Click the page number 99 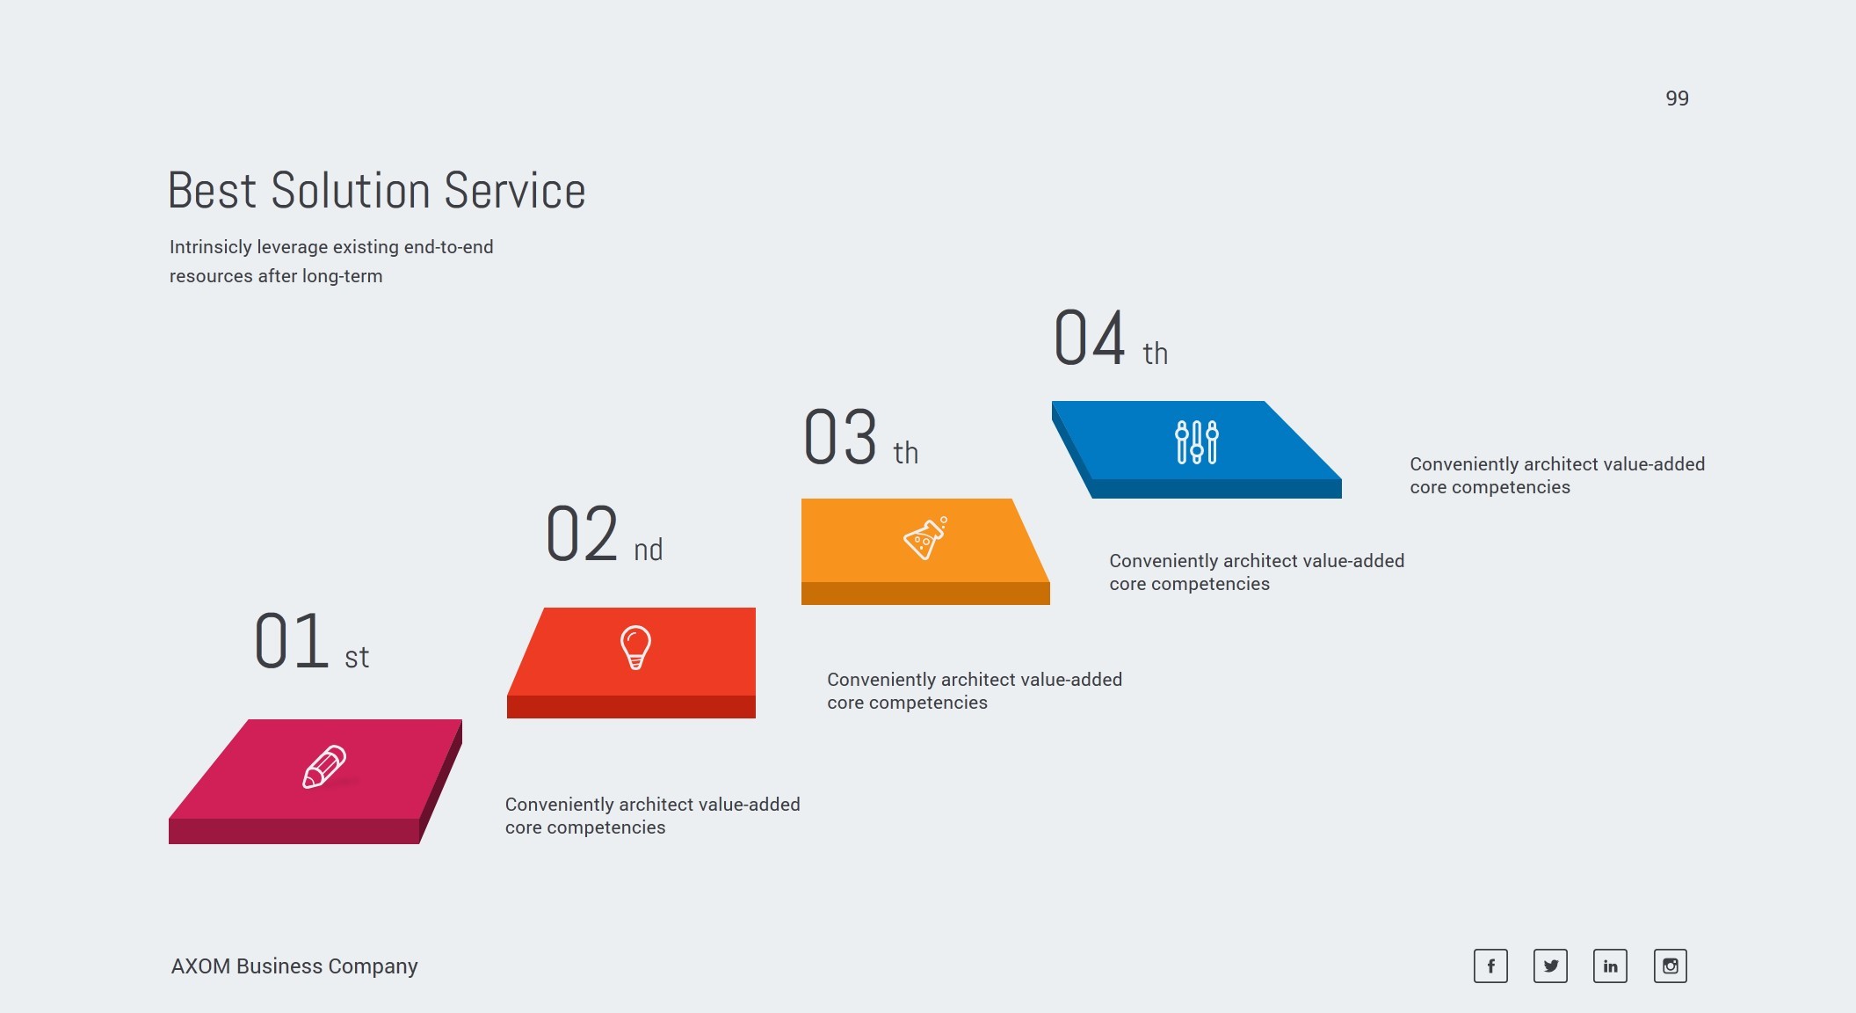tap(1677, 98)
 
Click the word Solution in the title tap(351, 191)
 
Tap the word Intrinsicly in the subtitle tap(210, 247)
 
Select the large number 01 tap(292, 641)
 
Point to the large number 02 tap(582, 534)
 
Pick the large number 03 tap(840, 437)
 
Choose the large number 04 tap(1090, 338)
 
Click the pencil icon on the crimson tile tap(324, 767)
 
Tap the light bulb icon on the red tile tap(635, 647)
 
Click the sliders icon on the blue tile tap(1197, 441)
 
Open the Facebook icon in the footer tap(1490, 966)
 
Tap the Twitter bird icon tap(1550, 966)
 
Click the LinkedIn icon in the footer tap(1610, 966)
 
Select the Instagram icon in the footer tap(1670, 966)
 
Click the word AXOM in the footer tap(200, 966)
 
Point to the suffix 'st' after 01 tap(357, 657)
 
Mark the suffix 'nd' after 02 tap(649, 550)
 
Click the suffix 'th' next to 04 tap(1155, 353)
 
